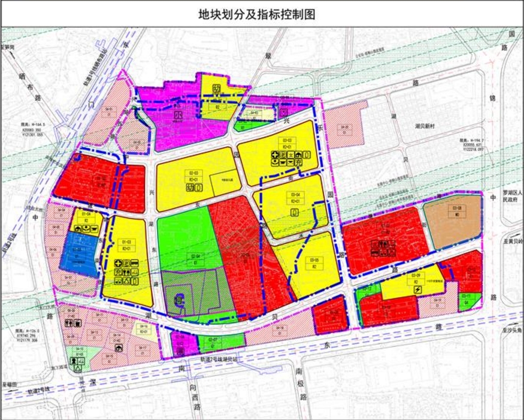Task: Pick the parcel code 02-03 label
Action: click(193, 173)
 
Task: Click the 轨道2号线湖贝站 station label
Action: click(219, 359)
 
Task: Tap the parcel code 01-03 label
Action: click(126, 241)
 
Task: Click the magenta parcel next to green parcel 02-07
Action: click(179, 342)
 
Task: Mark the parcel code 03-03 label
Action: click(286, 140)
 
